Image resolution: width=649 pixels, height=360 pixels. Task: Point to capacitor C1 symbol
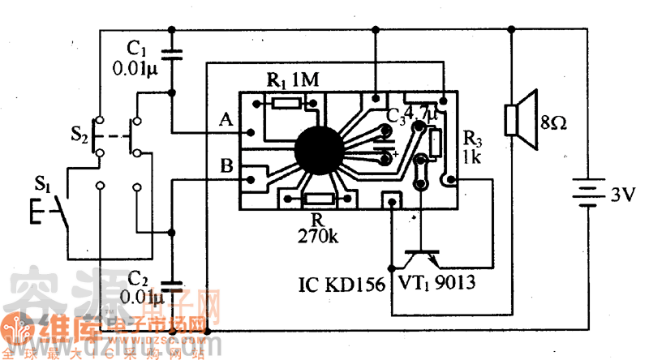point(171,56)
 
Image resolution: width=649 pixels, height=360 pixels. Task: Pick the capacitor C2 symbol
point(171,285)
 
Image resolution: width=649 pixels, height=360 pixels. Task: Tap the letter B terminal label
point(226,168)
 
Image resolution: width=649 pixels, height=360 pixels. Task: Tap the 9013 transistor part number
point(454,284)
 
